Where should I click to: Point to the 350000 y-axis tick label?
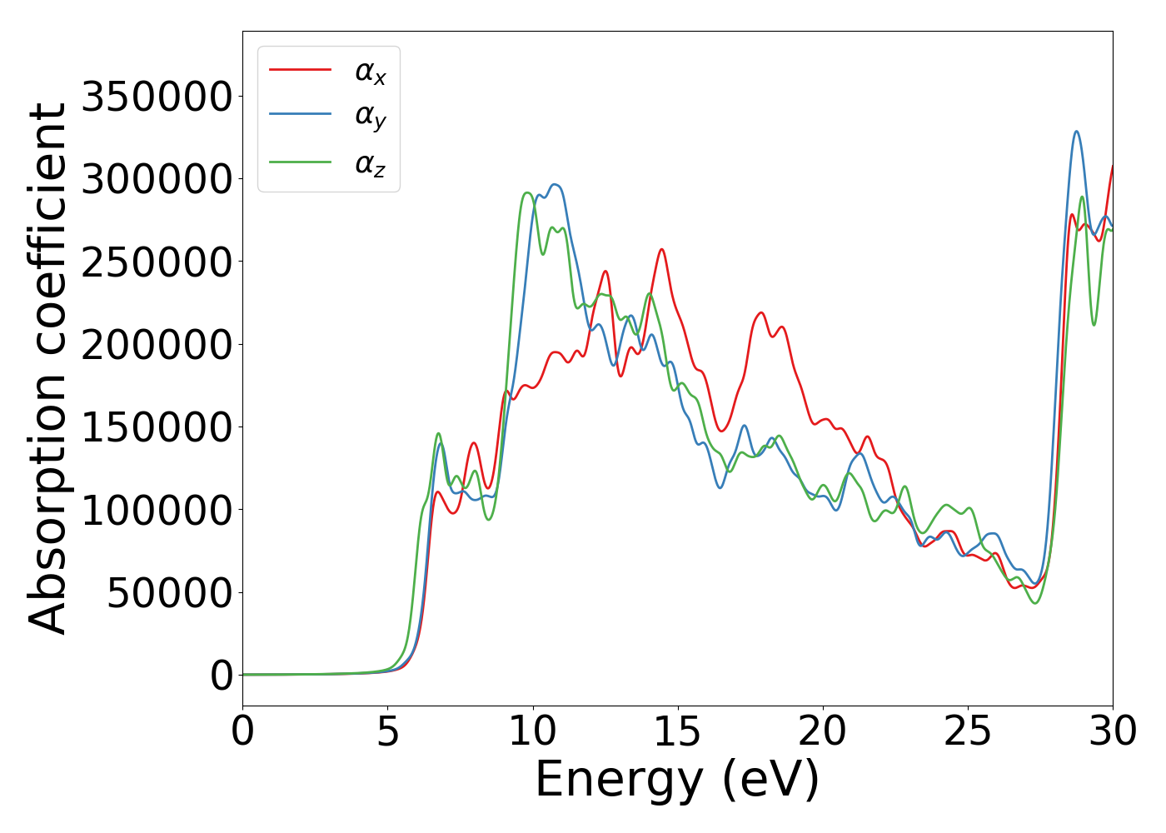157,97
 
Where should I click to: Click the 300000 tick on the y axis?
157,179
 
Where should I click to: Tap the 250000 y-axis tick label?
157,262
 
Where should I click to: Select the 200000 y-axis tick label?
157,344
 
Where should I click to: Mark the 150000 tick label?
157,427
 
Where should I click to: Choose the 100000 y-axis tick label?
157,510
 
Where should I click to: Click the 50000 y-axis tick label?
169,592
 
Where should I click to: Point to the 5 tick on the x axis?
388,732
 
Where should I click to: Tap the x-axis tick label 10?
533,732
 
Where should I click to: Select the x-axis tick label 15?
678,732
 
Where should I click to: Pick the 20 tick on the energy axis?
823,732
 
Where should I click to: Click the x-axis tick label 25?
968,732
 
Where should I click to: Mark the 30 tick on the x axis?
1113,732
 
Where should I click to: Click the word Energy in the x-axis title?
618,781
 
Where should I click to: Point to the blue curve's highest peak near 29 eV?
1076,132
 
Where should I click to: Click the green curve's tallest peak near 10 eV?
527,193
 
